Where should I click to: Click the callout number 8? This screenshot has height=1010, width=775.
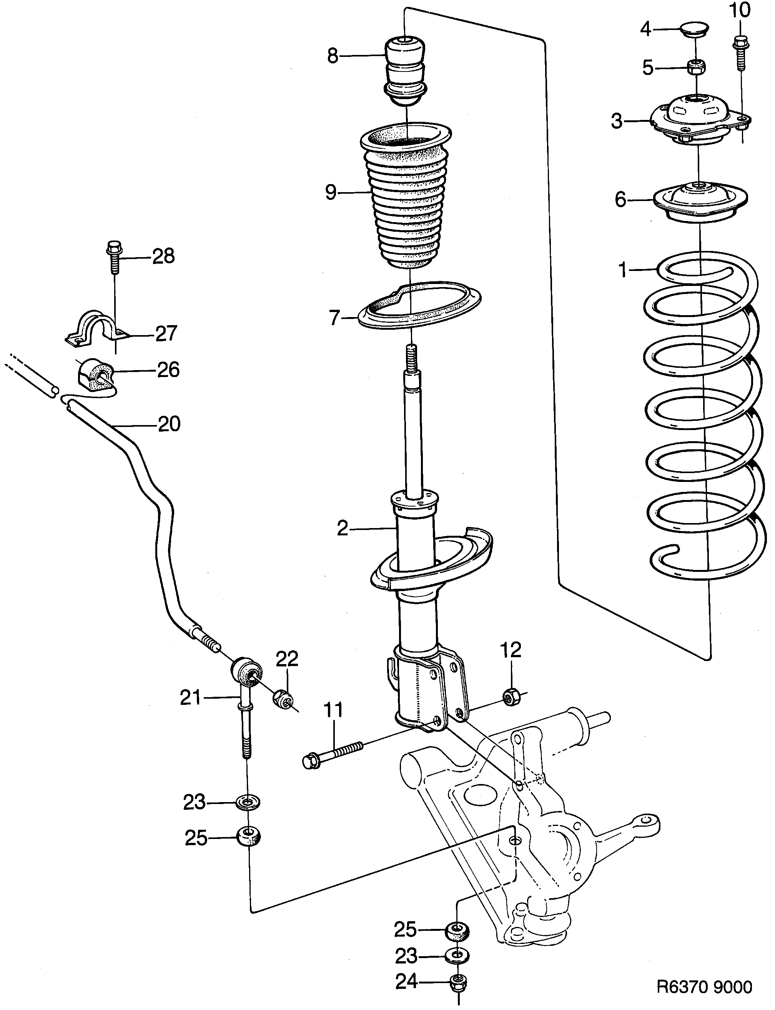tap(333, 56)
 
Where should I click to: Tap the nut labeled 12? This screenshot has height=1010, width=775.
tap(510, 696)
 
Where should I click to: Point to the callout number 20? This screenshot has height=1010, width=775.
tap(169, 424)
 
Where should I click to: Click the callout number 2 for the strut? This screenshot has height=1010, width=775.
tap(342, 528)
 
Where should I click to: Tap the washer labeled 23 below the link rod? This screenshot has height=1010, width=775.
tap(248, 802)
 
